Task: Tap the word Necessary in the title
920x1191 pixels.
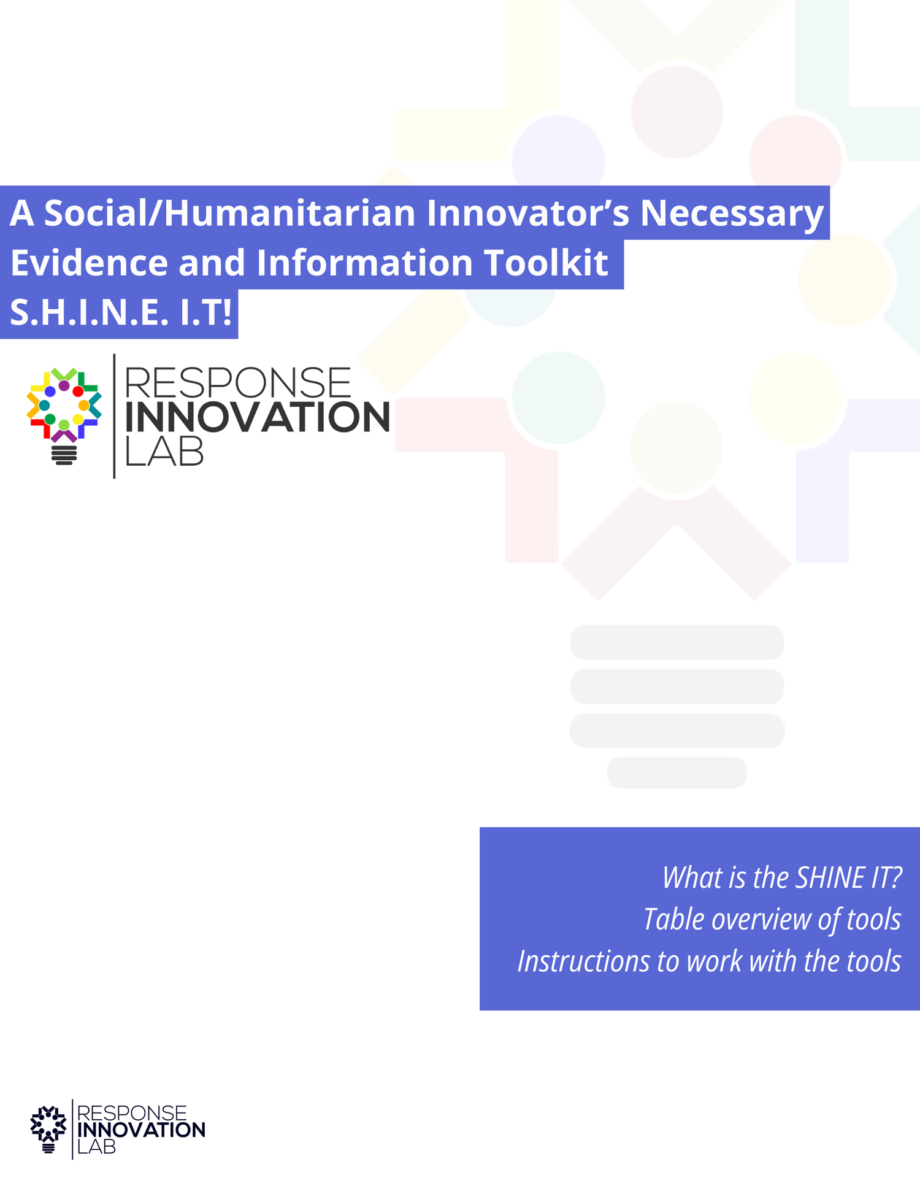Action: pyautogui.click(x=732, y=213)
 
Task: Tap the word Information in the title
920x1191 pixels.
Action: pyautogui.click(x=364, y=263)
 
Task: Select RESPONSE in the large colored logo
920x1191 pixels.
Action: pyautogui.click(x=238, y=383)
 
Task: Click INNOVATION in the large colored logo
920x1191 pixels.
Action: pyautogui.click(x=257, y=417)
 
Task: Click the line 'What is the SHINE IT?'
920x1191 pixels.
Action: pyautogui.click(x=781, y=877)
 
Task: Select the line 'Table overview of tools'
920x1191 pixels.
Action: pyautogui.click(x=772, y=919)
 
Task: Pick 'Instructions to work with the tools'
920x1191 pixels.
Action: pyautogui.click(x=709, y=961)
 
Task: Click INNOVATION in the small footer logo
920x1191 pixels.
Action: pyautogui.click(x=141, y=1130)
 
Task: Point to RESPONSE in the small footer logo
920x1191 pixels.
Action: pyautogui.click(x=132, y=1113)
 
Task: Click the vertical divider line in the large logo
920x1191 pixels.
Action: pyautogui.click(x=114, y=416)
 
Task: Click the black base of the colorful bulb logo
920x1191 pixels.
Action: pyautogui.click(x=64, y=455)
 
